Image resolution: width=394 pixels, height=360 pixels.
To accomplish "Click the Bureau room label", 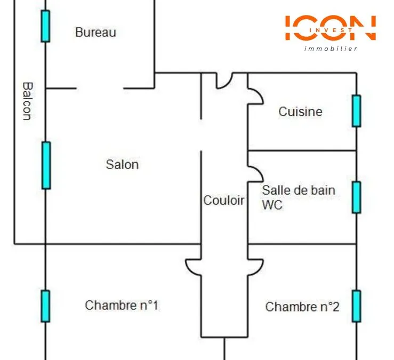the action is click(96, 32).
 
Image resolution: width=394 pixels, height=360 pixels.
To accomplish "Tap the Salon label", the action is click(123, 165).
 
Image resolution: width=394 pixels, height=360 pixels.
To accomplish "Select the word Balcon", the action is click(28, 101).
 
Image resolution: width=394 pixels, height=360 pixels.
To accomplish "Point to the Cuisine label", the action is click(300, 111).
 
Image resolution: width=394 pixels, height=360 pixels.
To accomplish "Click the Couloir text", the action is click(223, 201).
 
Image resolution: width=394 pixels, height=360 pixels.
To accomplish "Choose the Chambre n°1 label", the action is click(122, 306).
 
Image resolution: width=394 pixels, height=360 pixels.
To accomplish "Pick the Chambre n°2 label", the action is click(302, 307).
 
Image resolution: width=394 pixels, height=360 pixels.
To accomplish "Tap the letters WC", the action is click(272, 205).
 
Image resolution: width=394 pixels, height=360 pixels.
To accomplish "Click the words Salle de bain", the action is click(299, 190).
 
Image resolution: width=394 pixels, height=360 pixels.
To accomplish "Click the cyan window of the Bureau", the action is click(45, 26).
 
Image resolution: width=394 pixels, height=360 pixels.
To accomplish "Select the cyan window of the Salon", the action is click(46, 165).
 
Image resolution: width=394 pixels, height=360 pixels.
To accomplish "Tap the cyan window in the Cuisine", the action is click(357, 111).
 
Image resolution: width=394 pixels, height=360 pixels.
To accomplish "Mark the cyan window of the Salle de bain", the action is click(357, 197).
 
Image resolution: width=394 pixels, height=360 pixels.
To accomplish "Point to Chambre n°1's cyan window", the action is click(45, 306).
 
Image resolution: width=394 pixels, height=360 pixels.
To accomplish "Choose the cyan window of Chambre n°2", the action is click(357, 306).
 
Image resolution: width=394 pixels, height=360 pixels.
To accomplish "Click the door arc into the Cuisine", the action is click(259, 93).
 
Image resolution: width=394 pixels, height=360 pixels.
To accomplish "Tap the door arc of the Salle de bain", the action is click(259, 171).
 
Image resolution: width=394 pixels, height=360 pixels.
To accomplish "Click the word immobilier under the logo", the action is click(331, 49).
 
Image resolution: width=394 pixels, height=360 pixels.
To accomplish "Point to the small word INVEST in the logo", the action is click(331, 30).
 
